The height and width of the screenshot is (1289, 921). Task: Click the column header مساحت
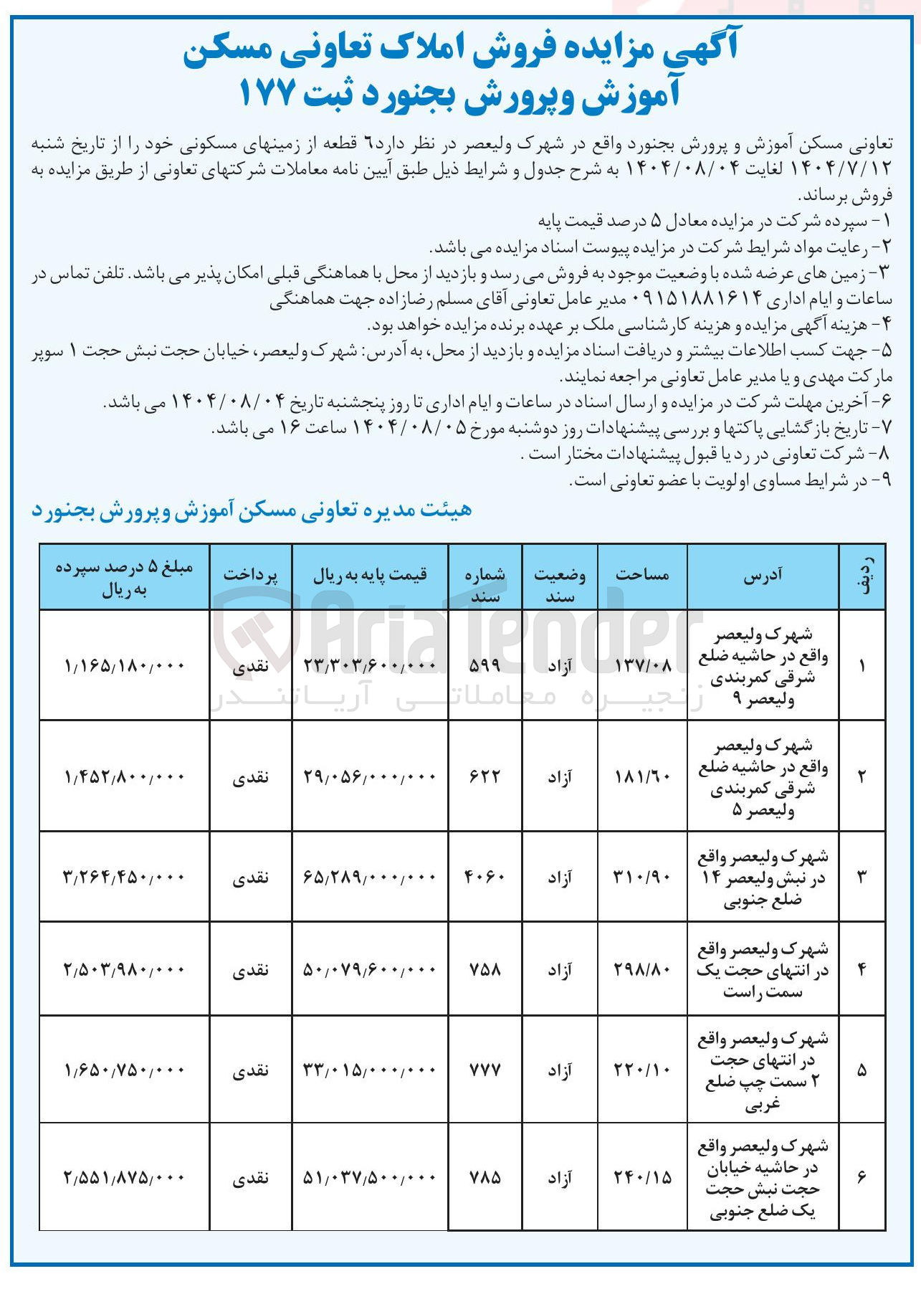point(642,575)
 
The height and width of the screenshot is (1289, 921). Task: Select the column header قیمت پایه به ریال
point(370,575)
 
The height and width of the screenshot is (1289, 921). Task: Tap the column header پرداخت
point(250,575)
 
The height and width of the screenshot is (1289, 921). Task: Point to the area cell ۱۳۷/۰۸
point(643,666)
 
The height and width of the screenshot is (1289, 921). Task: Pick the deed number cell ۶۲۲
point(485,776)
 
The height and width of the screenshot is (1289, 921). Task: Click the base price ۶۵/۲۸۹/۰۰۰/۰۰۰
point(370,877)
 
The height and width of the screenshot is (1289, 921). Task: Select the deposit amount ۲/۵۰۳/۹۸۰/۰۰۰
point(124,969)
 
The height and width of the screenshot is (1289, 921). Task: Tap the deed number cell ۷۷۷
point(485,1070)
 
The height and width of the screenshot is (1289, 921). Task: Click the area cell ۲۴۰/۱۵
point(643,1177)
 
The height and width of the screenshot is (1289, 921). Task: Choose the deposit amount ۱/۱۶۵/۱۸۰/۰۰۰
point(124,666)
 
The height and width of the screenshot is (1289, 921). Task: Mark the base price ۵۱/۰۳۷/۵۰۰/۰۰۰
point(370,1177)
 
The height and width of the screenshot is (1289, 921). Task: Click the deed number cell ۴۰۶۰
point(485,877)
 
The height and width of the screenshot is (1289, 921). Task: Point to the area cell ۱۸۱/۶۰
point(643,776)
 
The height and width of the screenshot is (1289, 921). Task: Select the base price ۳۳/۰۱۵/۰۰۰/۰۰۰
point(370,1070)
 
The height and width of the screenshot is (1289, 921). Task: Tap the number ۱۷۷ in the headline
point(267,93)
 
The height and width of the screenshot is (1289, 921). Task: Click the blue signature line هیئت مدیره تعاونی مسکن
point(252,510)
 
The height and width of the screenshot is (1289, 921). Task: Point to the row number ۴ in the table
point(862,969)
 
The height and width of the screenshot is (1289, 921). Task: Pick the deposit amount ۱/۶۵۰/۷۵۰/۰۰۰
point(124,1070)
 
